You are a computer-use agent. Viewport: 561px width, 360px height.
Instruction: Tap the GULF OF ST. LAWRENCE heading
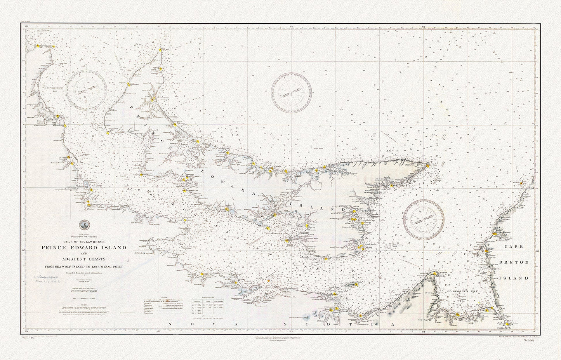(x=83, y=241)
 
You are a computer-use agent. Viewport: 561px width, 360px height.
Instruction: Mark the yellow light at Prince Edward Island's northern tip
(x=161, y=50)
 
